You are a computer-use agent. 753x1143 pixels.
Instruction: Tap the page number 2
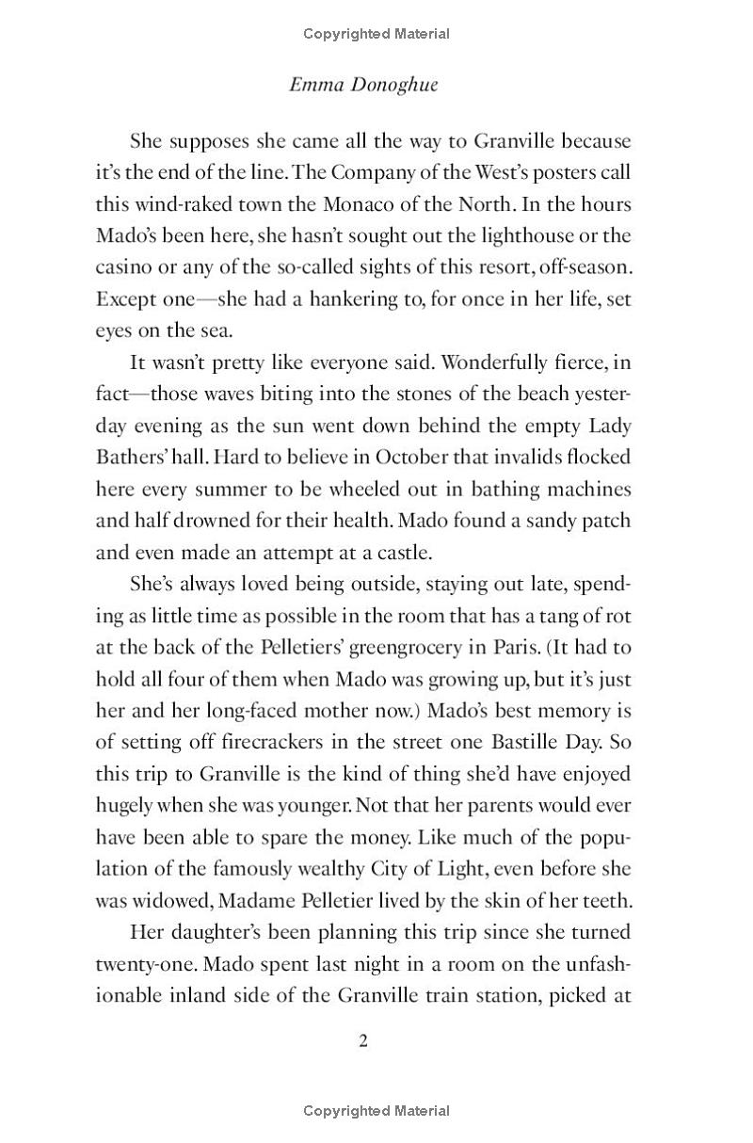(363, 1040)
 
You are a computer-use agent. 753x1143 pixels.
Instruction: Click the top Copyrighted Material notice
(376, 34)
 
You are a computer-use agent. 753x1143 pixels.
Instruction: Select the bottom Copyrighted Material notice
(376, 1111)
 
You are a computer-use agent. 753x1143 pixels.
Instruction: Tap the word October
(413, 458)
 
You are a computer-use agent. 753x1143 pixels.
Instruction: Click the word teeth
(608, 900)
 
